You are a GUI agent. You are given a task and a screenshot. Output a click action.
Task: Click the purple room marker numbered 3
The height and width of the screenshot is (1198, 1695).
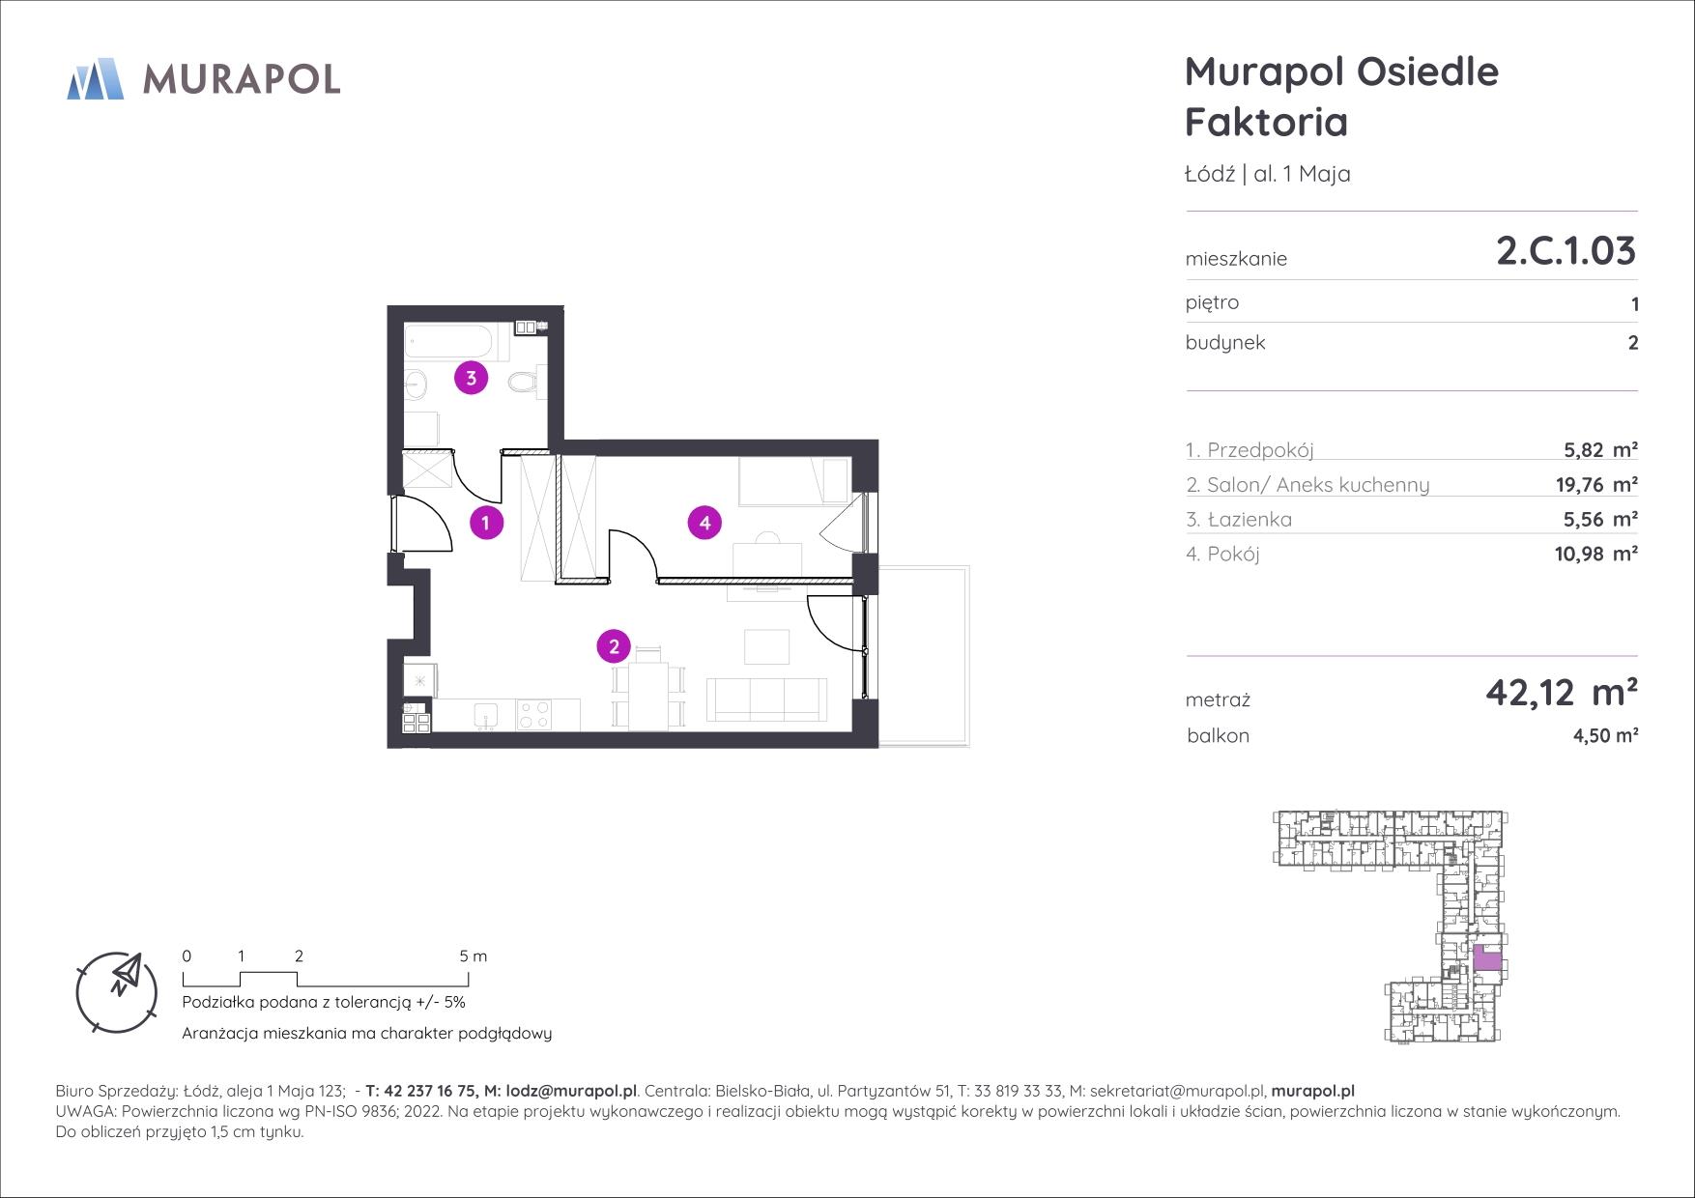coord(471,378)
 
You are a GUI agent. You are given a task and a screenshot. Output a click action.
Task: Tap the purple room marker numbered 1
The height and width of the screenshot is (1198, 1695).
coord(486,523)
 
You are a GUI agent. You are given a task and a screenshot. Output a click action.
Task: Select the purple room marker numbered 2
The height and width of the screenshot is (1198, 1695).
coord(614,646)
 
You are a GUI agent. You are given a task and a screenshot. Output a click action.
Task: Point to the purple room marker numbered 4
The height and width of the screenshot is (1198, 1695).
coord(704,523)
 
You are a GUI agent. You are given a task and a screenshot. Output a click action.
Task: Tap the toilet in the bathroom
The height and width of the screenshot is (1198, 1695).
coord(524,383)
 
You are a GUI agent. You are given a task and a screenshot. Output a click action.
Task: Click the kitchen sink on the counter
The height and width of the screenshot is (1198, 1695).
coord(485,716)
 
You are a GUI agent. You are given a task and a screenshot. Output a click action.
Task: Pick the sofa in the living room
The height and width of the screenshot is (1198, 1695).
coord(767,699)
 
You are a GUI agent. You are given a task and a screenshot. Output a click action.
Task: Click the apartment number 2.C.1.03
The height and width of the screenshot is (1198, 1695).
coord(1566,250)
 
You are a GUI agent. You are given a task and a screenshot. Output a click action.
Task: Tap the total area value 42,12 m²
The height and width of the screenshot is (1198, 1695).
coord(1562,692)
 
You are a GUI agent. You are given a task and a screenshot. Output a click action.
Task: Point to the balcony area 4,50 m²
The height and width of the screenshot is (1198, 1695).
coord(1605,735)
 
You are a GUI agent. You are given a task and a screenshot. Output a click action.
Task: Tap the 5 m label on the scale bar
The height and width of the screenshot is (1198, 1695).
coord(473,956)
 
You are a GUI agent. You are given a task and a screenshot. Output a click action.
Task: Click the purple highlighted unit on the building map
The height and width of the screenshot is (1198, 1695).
coord(1488,959)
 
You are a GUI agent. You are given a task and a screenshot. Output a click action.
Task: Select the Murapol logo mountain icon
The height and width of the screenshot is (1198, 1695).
coord(96,78)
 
